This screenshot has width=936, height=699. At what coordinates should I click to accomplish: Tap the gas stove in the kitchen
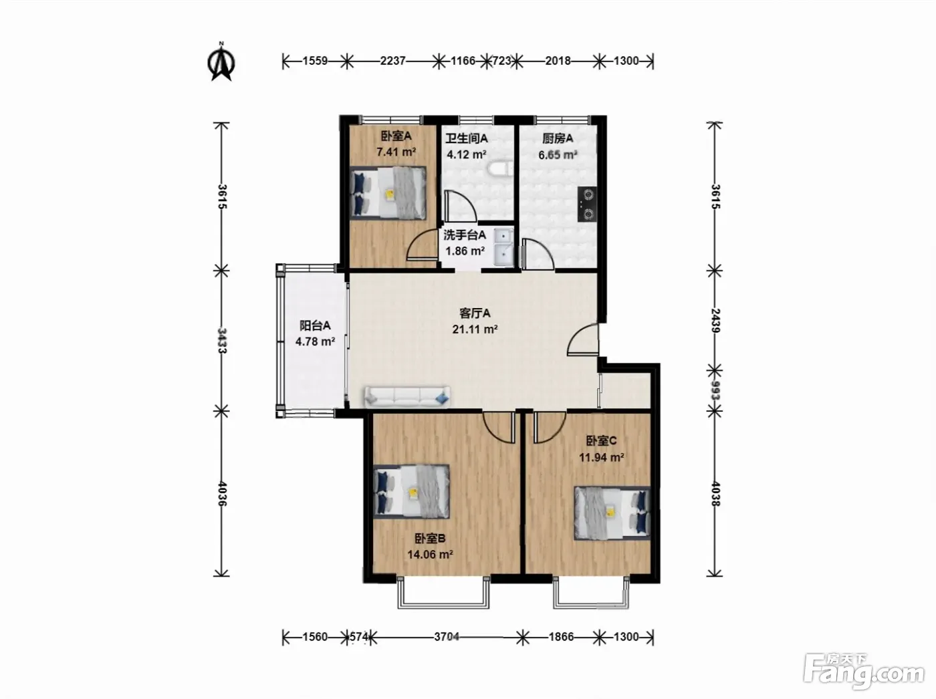pos(587,204)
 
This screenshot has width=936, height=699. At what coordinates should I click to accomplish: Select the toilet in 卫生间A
pos(501,169)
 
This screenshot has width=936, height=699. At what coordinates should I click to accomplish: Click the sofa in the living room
pos(406,397)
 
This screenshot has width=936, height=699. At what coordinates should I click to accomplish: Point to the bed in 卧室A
pos(388,193)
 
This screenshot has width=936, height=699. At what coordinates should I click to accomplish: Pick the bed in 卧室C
pos(612,513)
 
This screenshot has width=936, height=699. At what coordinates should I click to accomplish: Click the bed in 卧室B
pos(411,491)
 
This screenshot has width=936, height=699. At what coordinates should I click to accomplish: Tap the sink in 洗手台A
pos(503,248)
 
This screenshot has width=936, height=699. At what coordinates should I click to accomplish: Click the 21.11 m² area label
pos(475,329)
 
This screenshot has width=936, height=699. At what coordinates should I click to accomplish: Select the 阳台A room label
pos(315,325)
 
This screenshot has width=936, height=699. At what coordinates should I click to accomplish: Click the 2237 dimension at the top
pos(392,61)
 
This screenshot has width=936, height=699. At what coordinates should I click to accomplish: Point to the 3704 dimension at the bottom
pos(447,637)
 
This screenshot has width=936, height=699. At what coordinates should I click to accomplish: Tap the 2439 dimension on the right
pos(715,321)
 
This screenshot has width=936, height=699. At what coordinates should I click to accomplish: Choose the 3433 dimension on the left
pos(222,340)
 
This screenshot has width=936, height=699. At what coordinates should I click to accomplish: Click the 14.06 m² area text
pos(430,555)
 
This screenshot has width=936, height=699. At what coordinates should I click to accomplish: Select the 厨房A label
pos(558,138)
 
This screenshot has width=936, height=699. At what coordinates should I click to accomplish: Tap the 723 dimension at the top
pos(502,61)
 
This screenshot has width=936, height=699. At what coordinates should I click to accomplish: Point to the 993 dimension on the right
pos(715,391)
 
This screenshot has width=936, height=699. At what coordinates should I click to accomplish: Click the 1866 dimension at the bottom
pos(561,637)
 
